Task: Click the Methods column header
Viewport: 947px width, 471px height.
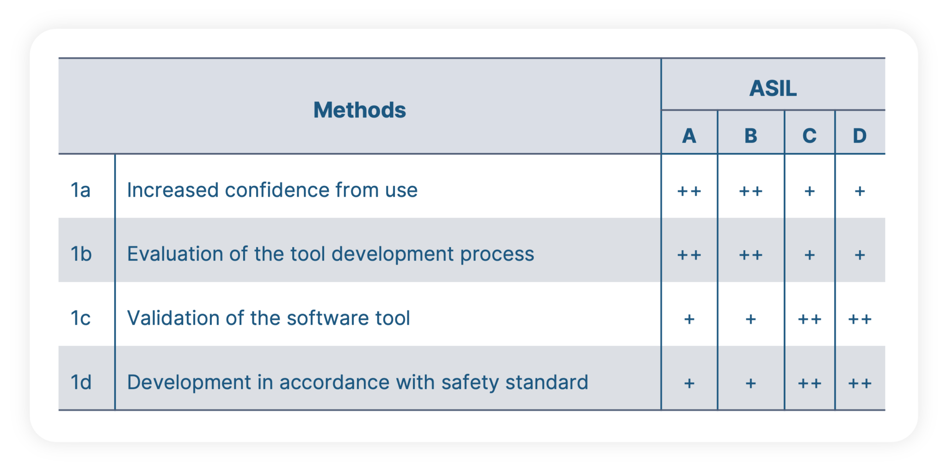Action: tap(359, 110)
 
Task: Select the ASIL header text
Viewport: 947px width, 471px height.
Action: tap(773, 88)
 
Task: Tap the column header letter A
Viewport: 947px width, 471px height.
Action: tap(689, 136)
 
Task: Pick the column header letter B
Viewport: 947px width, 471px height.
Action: tap(750, 136)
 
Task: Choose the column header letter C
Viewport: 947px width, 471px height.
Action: tap(809, 136)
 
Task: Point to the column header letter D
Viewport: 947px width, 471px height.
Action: tap(859, 136)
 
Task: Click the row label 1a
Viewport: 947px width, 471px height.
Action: tap(80, 190)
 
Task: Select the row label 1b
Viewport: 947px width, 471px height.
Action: tap(81, 254)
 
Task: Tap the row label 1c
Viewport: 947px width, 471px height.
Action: tap(80, 318)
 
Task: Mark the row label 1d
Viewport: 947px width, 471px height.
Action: tap(81, 382)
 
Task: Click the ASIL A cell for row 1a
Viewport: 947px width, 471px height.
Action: tap(689, 191)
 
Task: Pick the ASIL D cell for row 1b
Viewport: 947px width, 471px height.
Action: tap(860, 254)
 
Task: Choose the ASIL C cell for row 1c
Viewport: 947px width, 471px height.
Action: tap(809, 319)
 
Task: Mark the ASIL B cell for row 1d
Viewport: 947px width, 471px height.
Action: tap(750, 383)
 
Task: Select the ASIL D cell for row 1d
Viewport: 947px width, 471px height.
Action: tap(860, 383)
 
